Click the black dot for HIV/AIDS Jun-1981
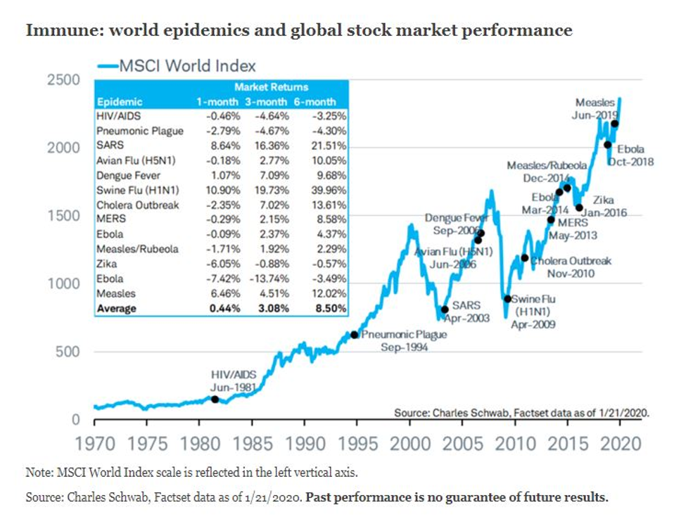[215, 399]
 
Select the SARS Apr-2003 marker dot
[444, 309]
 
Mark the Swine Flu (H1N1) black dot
[507, 298]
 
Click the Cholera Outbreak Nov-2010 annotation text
[571, 267]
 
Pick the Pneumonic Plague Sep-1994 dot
[354, 335]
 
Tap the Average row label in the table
[117, 308]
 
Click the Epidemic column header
[120, 102]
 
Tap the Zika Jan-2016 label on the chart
[604, 206]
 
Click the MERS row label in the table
[110, 219]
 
